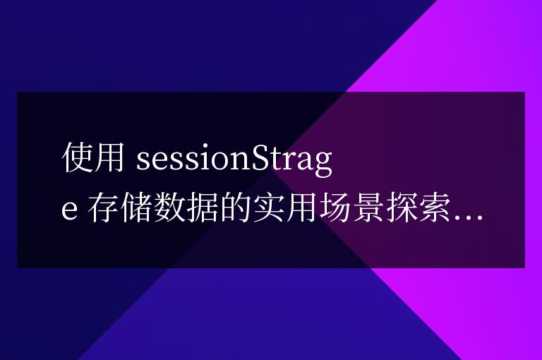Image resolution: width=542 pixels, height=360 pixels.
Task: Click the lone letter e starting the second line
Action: (x=71, y=210)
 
